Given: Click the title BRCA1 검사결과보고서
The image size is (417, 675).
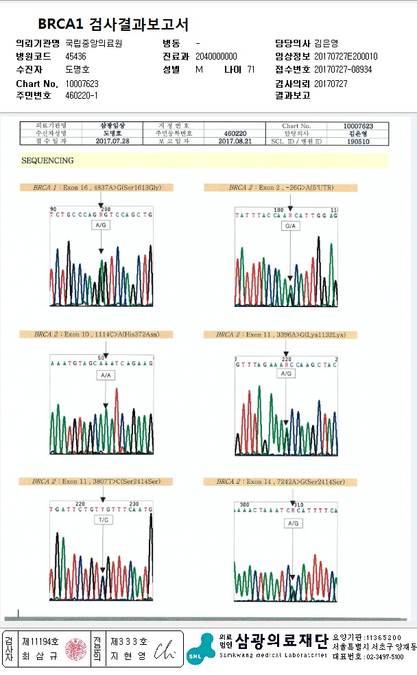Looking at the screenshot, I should (113, 25).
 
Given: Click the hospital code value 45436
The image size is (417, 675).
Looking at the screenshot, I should (76, 56).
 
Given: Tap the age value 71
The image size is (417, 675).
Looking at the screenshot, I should (251, 69).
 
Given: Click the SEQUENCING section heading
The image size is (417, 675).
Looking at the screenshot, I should (47, 160).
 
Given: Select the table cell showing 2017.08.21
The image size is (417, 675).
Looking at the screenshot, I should (235, 140).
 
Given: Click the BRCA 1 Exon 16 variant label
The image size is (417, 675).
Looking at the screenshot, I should (103, 187).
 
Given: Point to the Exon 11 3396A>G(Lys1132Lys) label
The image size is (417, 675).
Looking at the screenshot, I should (281, 334).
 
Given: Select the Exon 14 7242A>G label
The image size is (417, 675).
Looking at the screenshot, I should (280, 482).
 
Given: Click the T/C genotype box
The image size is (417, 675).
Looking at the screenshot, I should (103, 520).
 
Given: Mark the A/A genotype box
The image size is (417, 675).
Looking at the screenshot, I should (105, 376).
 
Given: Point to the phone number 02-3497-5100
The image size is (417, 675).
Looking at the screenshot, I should (378, 656).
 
